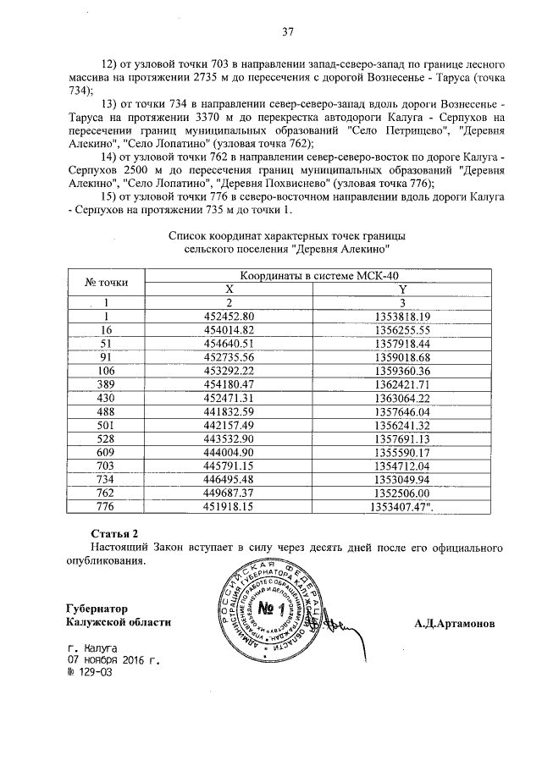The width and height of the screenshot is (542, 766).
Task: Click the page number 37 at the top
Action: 287,32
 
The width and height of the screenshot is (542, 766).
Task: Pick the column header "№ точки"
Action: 107,282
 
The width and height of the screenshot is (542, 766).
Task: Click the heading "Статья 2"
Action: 113,533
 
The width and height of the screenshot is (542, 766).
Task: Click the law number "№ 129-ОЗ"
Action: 90,674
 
